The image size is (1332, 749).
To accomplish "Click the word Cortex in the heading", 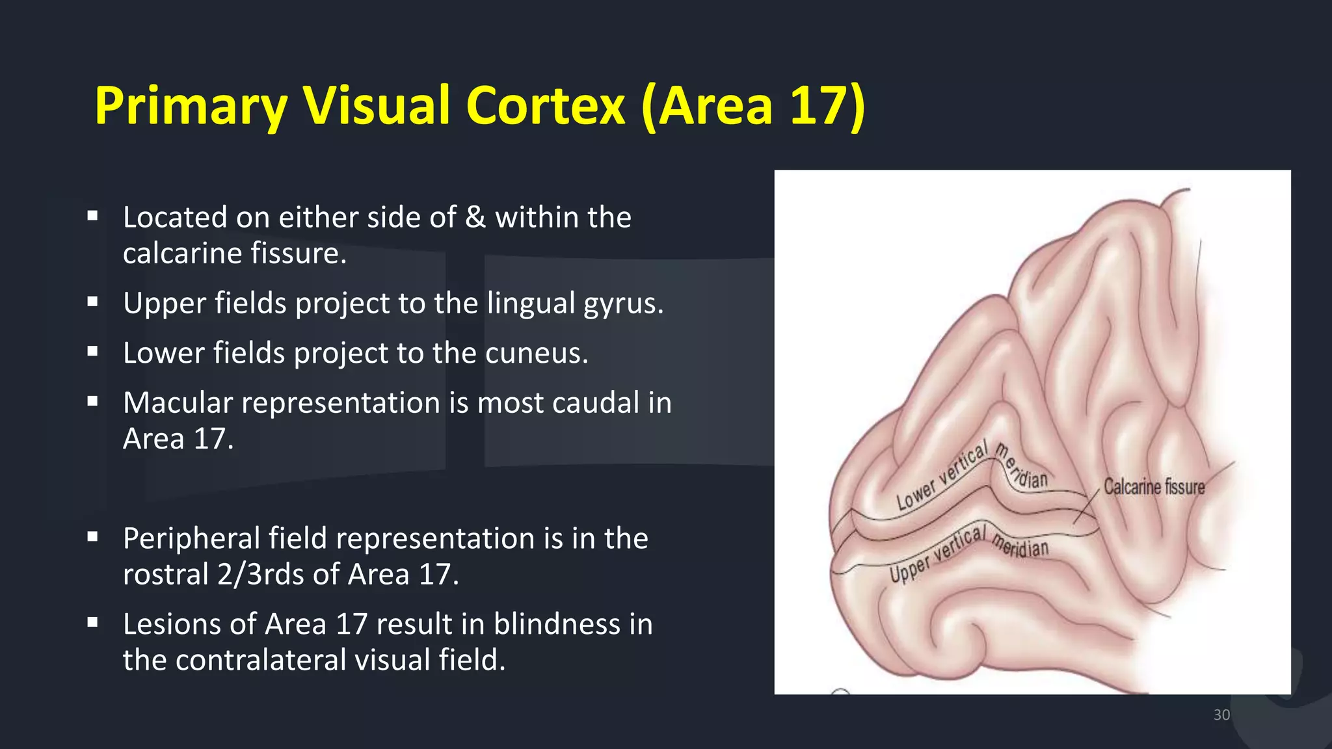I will tap(545, 106).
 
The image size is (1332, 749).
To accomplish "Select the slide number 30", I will tap(1221, 715).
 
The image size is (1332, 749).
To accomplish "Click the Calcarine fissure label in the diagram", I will tap(1154, 487).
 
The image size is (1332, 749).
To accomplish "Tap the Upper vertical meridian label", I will tap(969, 552).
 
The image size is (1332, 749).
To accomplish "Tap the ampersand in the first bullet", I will tap(475, 218).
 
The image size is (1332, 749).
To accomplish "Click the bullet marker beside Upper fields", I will tap(92, 302).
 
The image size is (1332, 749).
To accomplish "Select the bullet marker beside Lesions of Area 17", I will tap(92, 623).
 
